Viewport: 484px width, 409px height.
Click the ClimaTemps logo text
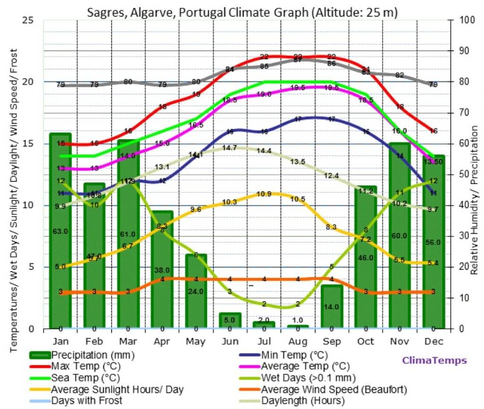pos(434,361)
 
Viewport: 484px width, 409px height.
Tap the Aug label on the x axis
pos(297,341)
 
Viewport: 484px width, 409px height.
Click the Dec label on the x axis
pos(433,341)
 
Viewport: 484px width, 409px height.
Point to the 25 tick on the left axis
pos(28,20)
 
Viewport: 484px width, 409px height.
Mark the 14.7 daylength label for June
pos(229,148)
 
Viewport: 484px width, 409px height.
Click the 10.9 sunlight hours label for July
pos(263,194)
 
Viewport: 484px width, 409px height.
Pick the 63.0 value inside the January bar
pos(60,231)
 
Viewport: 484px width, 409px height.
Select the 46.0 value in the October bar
pos(365,258)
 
